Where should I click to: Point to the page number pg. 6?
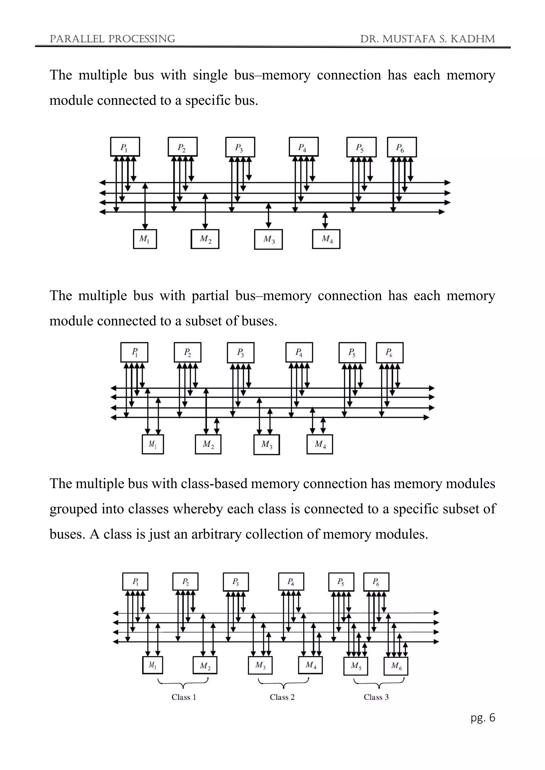coord(482,717)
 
